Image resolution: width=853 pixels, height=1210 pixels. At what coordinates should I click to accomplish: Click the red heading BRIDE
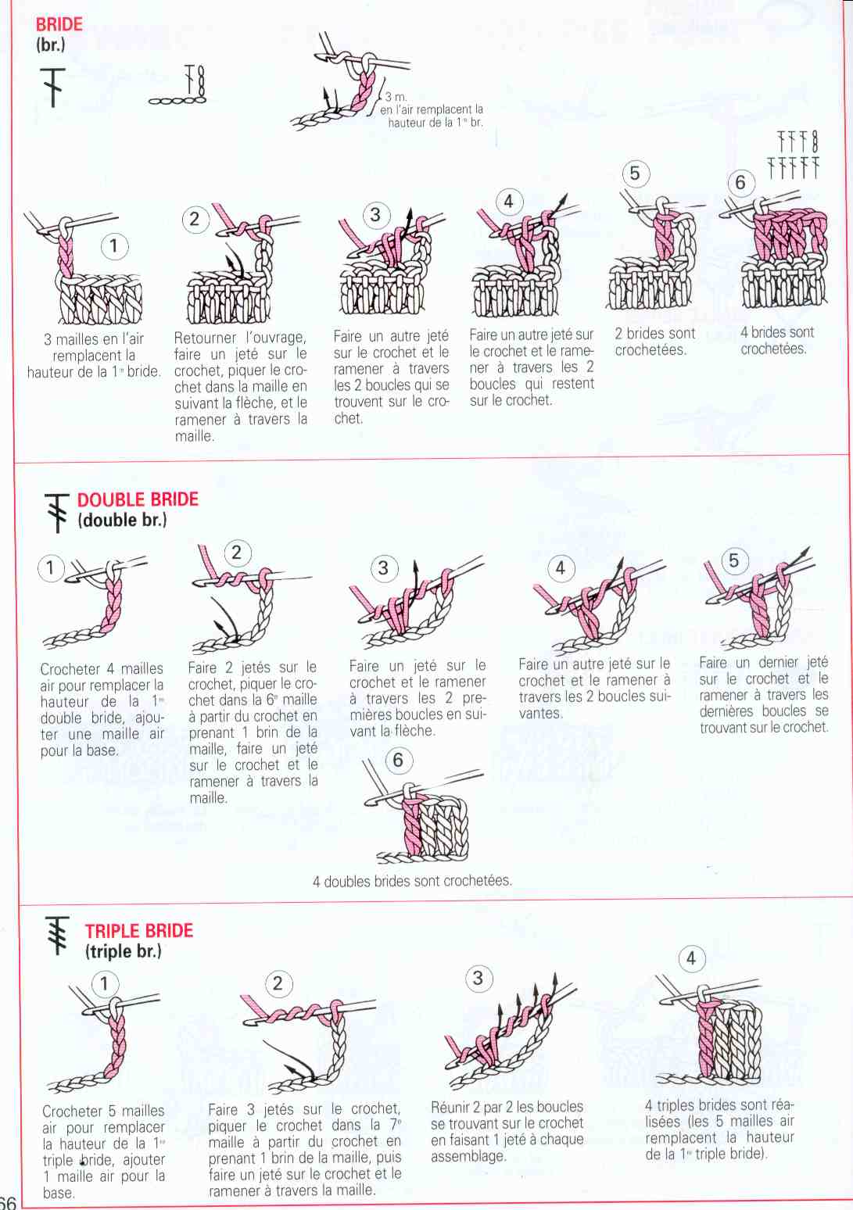(x=59, y=24)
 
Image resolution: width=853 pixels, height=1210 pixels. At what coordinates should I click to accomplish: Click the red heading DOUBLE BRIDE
(x=138, y=499)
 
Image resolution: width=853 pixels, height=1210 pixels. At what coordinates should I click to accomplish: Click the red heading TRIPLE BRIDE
(x=139, y=930)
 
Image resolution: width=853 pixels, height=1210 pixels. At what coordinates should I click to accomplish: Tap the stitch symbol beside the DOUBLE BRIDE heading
(x=56, y=513)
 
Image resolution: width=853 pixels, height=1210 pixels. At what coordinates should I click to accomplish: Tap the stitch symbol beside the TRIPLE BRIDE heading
(x=58, y=936)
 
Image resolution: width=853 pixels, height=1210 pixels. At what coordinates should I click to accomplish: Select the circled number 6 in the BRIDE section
(x=740, y=183)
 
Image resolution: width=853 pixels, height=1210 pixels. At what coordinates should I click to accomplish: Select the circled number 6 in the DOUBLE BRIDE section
(x=399, y=760)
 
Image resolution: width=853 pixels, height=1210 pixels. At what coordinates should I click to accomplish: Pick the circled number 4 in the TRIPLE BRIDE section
(x=691, y=959)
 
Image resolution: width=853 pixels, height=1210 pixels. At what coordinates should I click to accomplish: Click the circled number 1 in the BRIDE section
(x=114, y=246)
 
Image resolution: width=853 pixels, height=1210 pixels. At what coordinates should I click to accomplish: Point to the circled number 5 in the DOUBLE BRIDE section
(x=733, y=560)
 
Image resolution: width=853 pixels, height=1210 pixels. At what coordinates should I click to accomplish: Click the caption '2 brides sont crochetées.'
(x=654, y=342)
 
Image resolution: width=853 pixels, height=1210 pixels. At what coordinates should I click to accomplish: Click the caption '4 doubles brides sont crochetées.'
(x=411, y=881)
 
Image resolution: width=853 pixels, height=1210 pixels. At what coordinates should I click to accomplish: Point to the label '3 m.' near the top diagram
(x=396, y=97)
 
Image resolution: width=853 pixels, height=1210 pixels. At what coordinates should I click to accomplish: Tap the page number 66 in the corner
(x=8, y=1202)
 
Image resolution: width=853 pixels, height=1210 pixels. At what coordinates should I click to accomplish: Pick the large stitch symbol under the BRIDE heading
(x=52, y=87)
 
